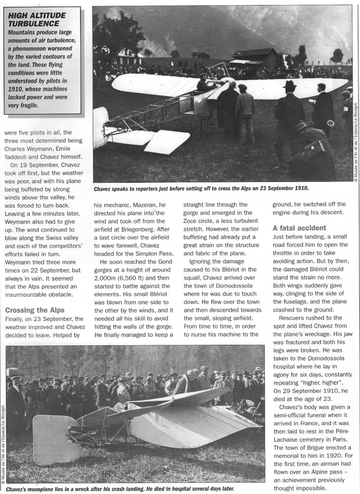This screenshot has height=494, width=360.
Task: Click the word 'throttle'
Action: pyautogui.click(x=286, y=255)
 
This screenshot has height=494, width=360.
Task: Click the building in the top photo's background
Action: pyautogui.click(x=255, y=57)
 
